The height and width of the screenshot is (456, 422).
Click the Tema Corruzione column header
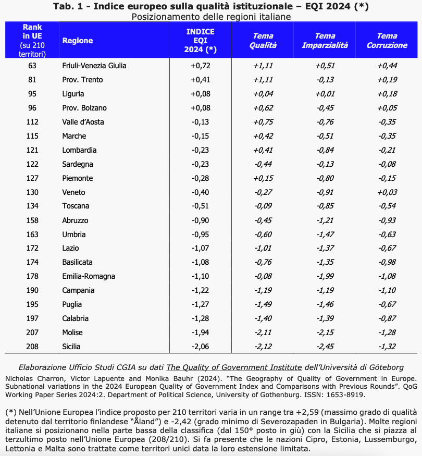[x=387, y=41]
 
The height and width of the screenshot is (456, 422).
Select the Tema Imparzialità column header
[x=325, y=41]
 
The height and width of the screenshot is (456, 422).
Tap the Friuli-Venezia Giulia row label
[x=94, y=66]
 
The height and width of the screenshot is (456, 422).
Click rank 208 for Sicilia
[x=32, y=347]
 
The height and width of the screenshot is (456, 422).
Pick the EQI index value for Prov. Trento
[x=201, y=80]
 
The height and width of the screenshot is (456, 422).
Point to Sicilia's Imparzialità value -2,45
[x=325, y=347]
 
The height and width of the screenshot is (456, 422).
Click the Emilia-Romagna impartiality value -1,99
[x=325, y=276]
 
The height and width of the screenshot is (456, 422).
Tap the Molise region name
[x=73, y=332]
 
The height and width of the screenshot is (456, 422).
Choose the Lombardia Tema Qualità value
[x=263, y=150]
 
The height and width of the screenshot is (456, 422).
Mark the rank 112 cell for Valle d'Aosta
[x=32, y=122]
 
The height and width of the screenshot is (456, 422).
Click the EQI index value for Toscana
[x=201, y=206]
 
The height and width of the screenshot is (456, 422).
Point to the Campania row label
[x=78, y=290]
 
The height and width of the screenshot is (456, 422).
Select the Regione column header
[x=77, y=41]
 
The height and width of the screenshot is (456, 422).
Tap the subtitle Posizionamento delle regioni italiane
[x=211, y=16]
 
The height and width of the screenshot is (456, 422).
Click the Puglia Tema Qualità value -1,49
[x=263, y=304]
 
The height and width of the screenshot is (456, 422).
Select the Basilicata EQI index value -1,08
[x=201, y=262]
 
